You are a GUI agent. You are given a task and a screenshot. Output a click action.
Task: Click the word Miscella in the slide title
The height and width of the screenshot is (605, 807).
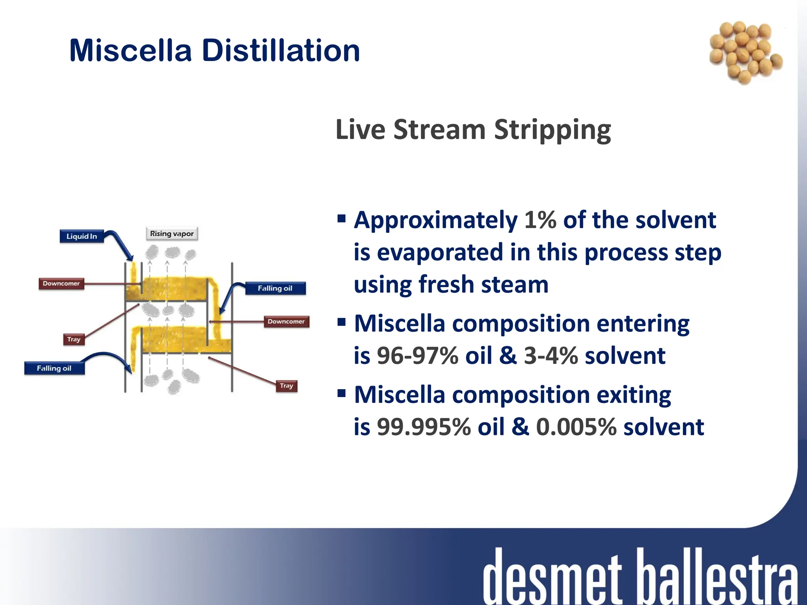point(130,51)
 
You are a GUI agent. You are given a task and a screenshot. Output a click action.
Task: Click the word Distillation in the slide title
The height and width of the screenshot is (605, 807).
point(281,51)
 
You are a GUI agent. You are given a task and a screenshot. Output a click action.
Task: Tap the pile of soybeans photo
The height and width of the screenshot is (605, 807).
point(745,52)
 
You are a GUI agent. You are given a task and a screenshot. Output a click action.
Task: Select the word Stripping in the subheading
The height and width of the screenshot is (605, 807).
point(552,130)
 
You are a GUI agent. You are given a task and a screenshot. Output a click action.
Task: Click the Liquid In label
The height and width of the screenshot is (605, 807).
point(82,236)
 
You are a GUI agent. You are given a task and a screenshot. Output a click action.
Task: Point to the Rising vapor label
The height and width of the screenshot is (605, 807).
point(172,234)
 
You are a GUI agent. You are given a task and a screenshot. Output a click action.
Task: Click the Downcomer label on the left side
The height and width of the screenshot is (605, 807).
point(61,284)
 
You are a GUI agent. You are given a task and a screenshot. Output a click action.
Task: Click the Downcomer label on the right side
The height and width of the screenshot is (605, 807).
point(286,321)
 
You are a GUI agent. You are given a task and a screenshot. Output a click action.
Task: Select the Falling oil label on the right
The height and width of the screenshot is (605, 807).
point(275,288)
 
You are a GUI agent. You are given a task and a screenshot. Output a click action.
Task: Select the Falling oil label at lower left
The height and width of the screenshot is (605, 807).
point(54,368)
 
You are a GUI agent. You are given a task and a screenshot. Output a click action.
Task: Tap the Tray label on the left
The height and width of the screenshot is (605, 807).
point(74,339)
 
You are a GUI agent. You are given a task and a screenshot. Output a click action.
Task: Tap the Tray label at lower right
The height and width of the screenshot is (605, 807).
point(286,386)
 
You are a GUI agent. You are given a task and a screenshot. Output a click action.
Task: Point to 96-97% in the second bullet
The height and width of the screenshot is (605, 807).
point(418,356)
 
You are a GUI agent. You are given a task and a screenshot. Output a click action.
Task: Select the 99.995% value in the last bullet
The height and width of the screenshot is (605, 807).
point(424,427)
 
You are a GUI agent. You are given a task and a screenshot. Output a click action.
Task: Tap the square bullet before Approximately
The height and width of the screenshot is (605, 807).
point(342,218)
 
